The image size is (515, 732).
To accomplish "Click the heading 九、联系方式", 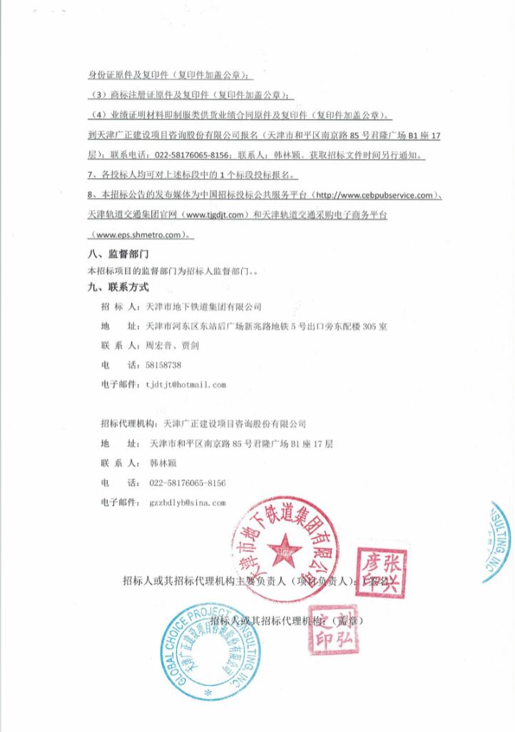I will point(118,288).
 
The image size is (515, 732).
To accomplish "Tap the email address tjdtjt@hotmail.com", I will point(185,384).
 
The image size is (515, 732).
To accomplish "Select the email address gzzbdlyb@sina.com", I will point(188,502).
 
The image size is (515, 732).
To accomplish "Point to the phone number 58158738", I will point(163,365).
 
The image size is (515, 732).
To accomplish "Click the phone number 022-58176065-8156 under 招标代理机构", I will point(188,483).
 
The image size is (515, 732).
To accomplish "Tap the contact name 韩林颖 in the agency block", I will point(162,463).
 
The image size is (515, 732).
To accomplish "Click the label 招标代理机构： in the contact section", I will point(131,424).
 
